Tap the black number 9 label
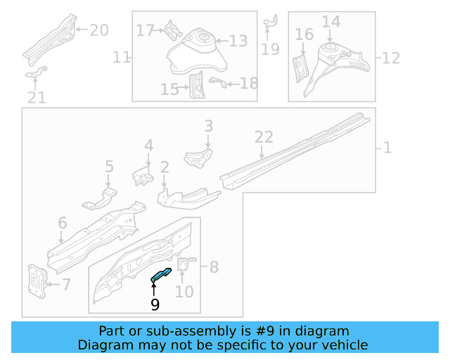tap(155, 304)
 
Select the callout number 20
tap(99, 30)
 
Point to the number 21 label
tap(37, 98)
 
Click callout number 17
tap(145, 30)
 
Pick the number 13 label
tap(238, 41)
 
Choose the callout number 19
tap(270, 49)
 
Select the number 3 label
tap(208, 126)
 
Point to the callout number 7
tap(66, 285)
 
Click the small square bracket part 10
tap(184, 265)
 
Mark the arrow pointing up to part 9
tap(155, 288)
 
